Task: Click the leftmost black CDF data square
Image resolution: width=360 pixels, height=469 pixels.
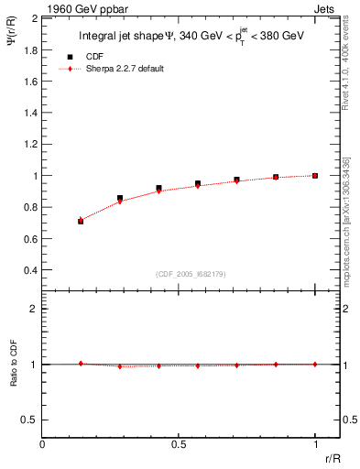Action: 81,221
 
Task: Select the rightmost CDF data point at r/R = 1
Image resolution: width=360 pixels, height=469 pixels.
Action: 315,175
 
